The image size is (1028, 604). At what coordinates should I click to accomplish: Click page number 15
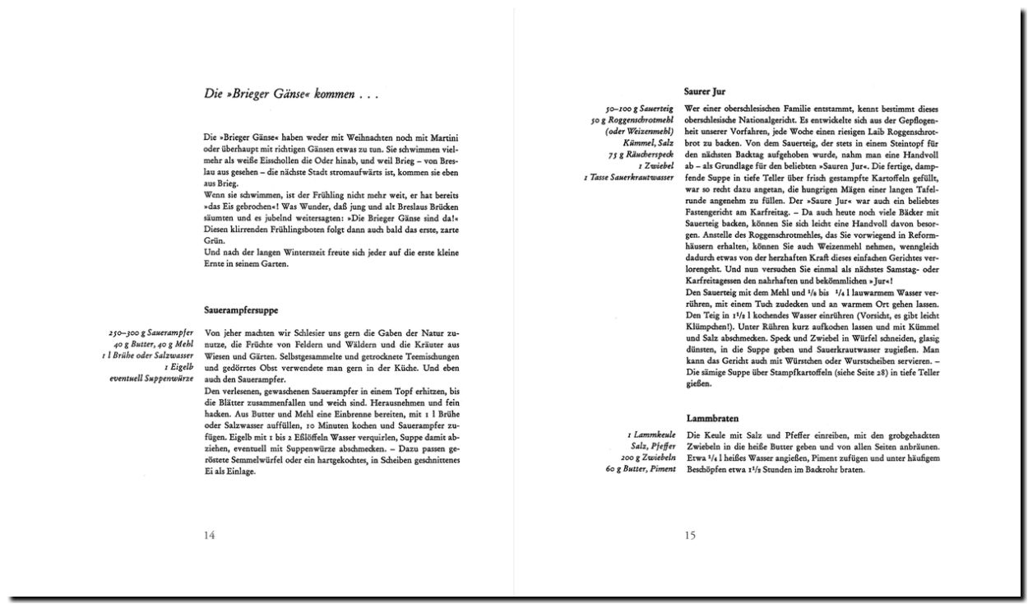[690, 536]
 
